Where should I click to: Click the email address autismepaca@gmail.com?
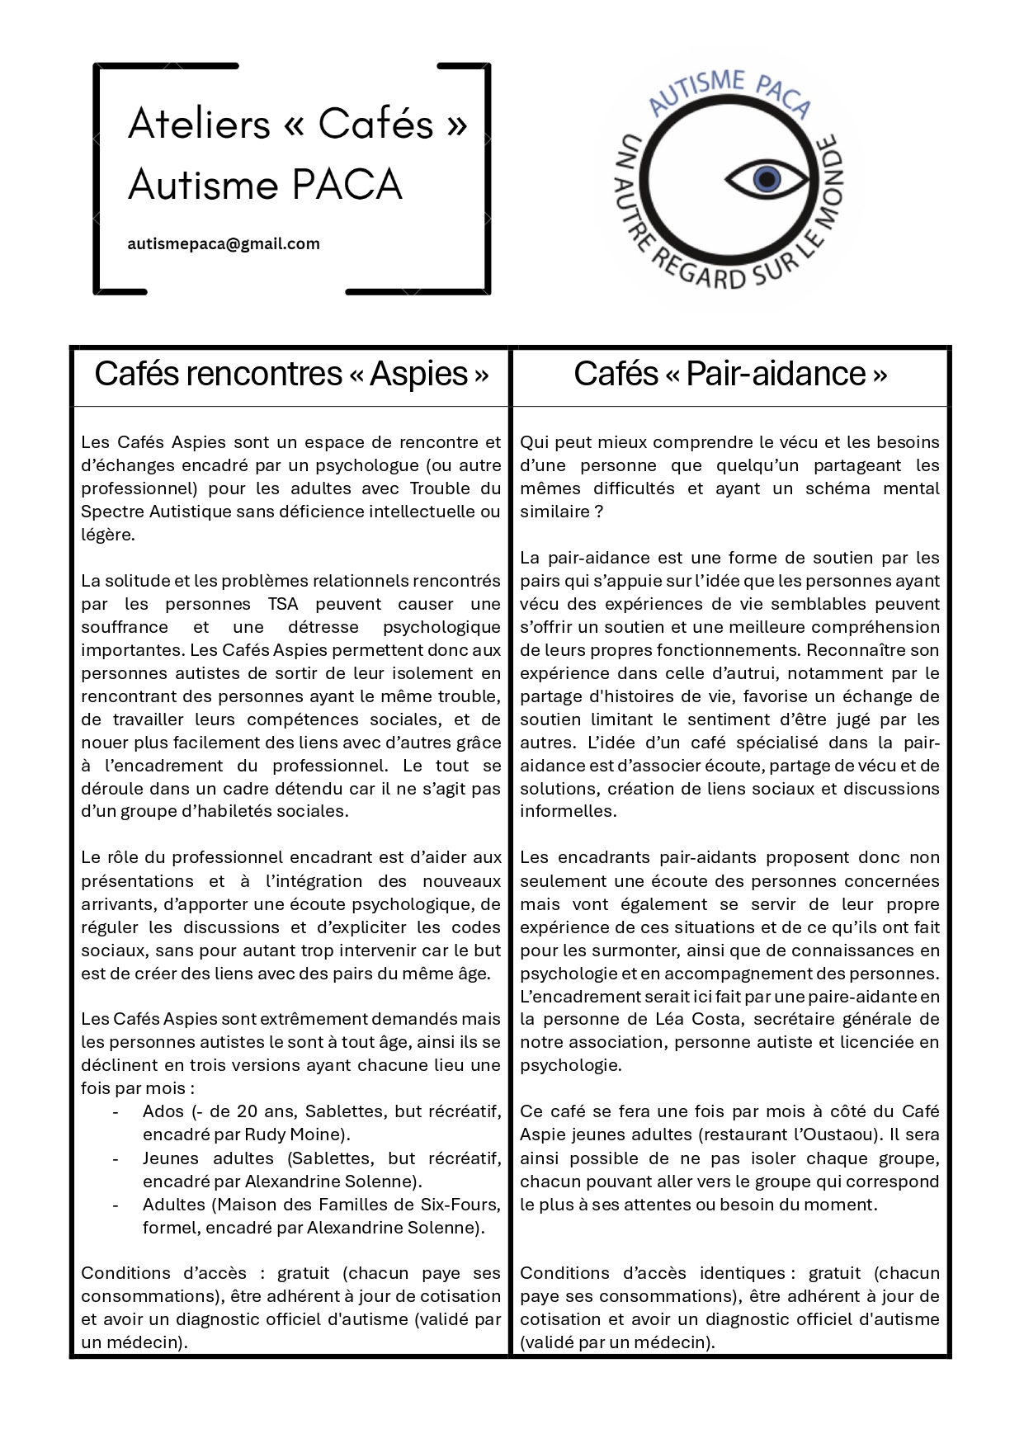224,244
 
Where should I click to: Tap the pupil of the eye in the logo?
767,178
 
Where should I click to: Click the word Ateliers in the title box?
200,124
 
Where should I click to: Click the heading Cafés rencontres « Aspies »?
291,374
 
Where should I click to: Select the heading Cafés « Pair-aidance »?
730,374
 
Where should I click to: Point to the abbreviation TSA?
283,604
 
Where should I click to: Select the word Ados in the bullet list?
163,1111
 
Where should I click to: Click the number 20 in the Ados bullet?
248,1111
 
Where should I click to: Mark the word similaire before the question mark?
554,512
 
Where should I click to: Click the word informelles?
568,811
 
